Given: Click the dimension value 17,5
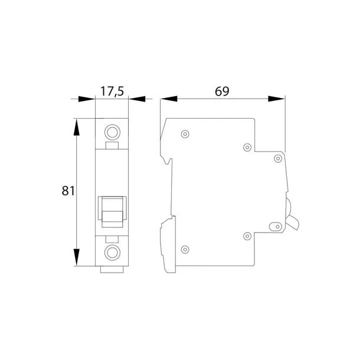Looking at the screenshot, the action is [x=112, y=91].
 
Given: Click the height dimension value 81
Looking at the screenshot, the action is [x=68, y=191].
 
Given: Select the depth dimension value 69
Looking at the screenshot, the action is [x=222, y=91].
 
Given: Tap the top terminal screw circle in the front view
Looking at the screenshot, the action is [x=112, y=132].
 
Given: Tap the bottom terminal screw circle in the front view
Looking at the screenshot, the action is [x=112, y=253].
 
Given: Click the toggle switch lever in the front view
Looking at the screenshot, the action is [x=112, y=212].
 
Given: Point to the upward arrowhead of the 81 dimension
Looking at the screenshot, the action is [x=77, y=127].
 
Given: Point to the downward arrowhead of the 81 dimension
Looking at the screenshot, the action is [x=77, y=257].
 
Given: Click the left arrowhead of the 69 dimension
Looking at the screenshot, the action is [x=169, y=99].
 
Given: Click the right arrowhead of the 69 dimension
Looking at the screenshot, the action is [x=276, y=99].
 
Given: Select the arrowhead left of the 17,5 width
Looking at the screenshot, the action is [x=87, y=99].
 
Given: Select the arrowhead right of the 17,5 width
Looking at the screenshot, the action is [x=137, y=99].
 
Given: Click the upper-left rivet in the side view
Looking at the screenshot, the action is [x=185, y=134].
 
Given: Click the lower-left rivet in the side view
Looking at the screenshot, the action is [x=185, y=249].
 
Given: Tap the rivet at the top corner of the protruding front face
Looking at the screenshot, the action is [x=278, y=158].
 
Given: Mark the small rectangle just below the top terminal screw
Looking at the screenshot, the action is [x=112, y=146].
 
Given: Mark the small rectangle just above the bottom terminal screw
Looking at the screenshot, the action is [x=112, y=239].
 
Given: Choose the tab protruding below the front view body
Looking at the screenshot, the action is [x=112, y=270].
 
